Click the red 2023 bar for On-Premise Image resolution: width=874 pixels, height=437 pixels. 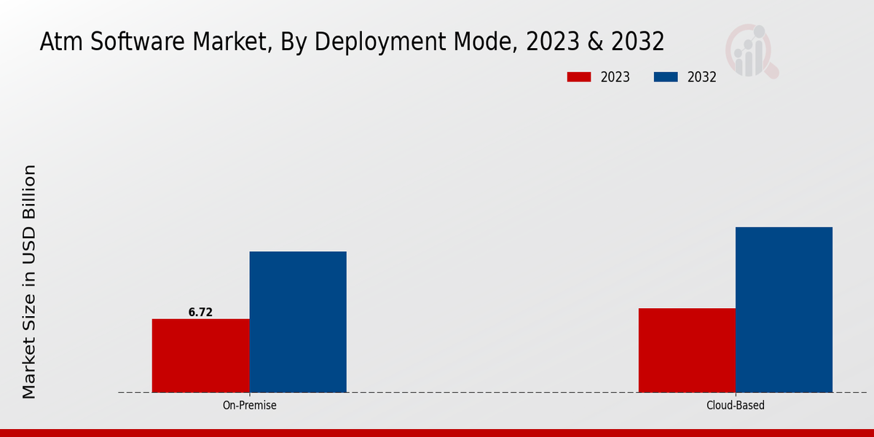tap(200, 355)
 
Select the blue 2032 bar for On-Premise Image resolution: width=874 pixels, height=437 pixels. tap(298, 322)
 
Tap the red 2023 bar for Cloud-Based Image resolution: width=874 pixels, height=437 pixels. tap(687, 350)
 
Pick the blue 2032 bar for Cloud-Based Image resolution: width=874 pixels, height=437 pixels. tap(784, 310)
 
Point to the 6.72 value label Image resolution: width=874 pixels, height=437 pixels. tap(200, 312)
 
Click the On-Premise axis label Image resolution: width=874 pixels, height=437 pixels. tap(249, 406)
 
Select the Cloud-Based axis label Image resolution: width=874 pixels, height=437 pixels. tap(736, 406)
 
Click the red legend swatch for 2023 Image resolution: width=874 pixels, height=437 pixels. tap(579, 77)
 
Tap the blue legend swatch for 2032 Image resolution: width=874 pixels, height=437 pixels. tap(666, 77)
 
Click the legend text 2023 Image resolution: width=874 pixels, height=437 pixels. tap(615, 77)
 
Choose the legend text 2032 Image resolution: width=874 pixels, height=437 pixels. tap(702, 77)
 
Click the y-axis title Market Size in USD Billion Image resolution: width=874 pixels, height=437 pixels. tap(29, 282)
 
